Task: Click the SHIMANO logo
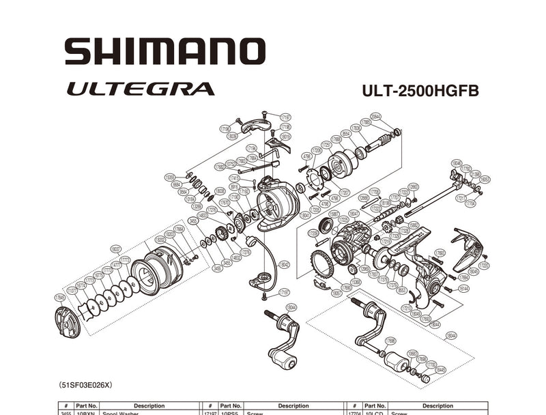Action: coord(164,52)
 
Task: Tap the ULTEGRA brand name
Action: coord(140,89)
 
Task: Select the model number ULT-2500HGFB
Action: coord(420,90)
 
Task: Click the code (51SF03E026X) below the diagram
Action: coord(85,385)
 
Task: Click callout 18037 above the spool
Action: coord(115,248)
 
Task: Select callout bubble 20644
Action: coord(375,117)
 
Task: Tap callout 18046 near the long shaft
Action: coord(457,163)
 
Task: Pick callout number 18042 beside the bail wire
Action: coord(284,265)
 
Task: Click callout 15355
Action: coord(170,177)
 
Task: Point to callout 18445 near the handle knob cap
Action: coord(441,369)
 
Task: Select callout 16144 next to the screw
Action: coord(464,289)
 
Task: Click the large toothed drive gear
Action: coord(321,263)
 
